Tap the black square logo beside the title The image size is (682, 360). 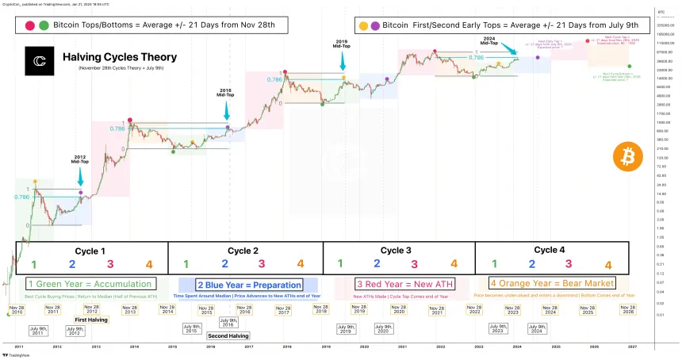38,61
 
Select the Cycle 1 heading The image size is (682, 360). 90,251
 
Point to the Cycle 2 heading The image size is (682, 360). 245,251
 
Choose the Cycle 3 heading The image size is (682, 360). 397,251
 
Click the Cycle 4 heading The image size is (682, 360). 550,251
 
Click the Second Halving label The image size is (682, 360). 226,335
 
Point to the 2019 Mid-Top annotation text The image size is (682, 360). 343,44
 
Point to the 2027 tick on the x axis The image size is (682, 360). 632,347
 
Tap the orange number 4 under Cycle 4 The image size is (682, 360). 608,266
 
